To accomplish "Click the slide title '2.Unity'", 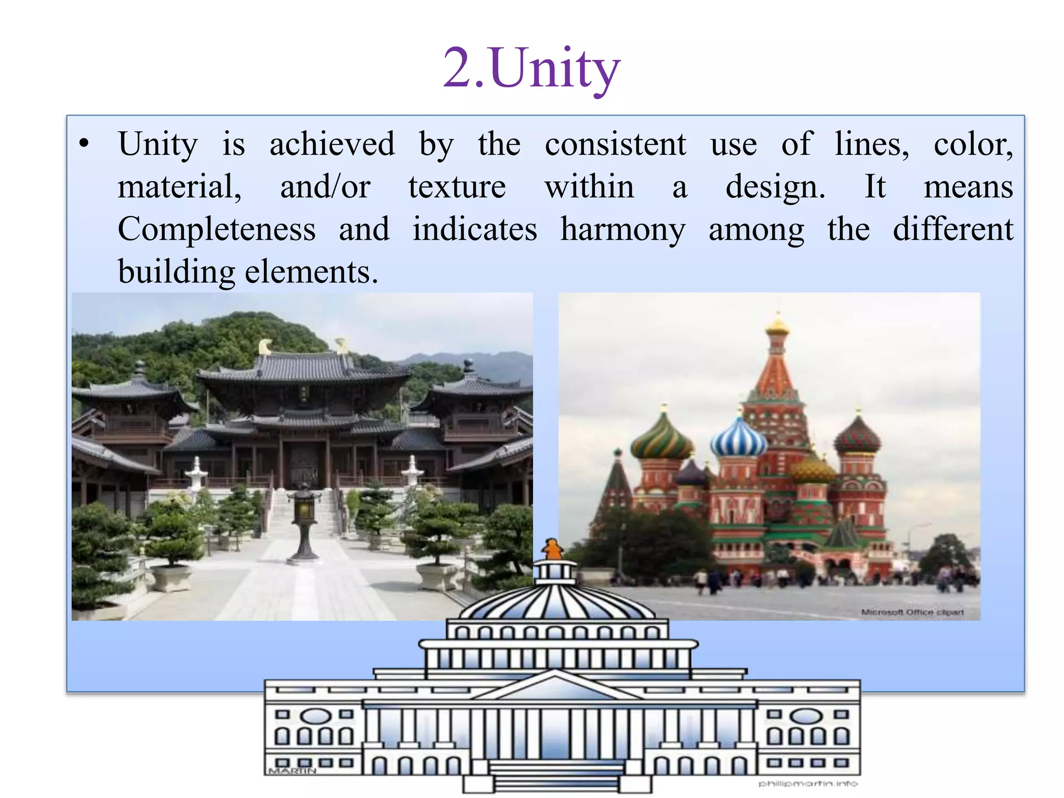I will tap(531, 69).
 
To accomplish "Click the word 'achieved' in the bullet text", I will tap(332, 144).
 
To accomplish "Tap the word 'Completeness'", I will tap(217, 229).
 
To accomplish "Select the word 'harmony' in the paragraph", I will tap(623, 229).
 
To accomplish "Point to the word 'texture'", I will tap(457, 187).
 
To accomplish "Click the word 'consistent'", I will tap(615, 144).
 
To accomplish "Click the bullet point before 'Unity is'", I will tap(84, 143).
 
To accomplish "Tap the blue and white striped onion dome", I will tap(738, 440).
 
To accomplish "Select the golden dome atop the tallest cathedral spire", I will tap(777, 326).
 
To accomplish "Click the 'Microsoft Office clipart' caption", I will tap(912, 612).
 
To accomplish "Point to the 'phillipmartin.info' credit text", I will tap(808, 783).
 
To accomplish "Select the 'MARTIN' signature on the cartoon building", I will tap(292, 771).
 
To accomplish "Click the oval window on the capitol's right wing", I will tap(805, 716).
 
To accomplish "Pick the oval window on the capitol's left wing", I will tap(316, 716).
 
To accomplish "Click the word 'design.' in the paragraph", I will tap(775, 187).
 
